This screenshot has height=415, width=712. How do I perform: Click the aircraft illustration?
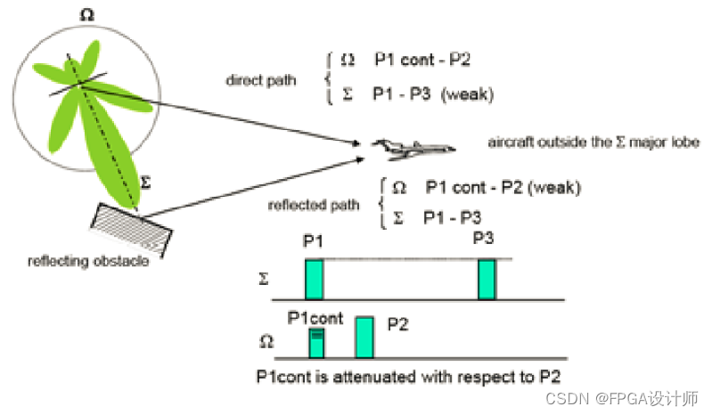(x=413, y=145)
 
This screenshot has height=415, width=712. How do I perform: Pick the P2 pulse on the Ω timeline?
(x=364, y=336)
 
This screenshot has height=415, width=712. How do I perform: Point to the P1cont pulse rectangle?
(x=315, y=341)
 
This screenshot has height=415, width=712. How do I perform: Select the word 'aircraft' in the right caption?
(x=509, y=142)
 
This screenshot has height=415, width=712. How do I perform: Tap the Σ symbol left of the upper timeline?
(x=262, y=280)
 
